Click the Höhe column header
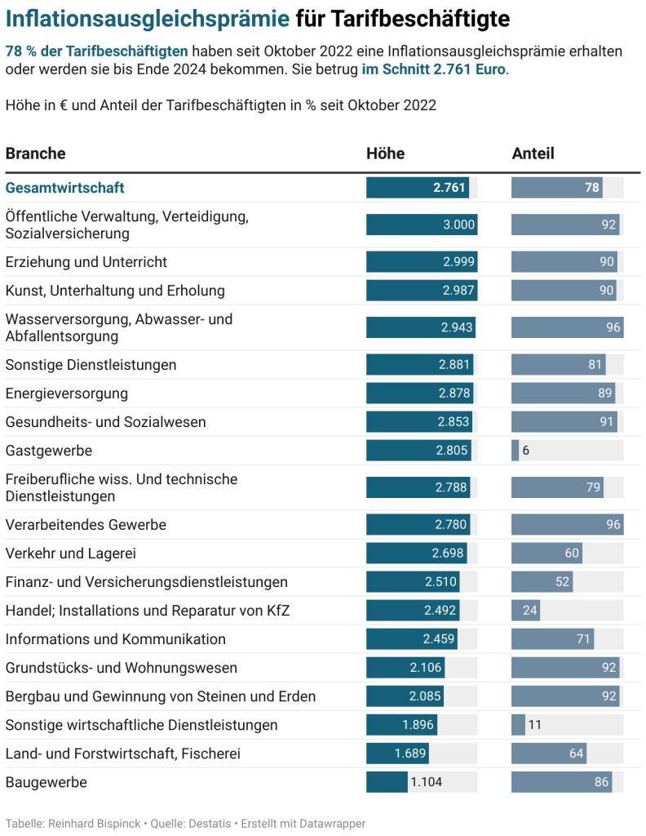385,153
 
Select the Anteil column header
533,153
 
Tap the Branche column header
35,153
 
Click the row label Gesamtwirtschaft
64,188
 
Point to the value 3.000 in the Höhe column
458,225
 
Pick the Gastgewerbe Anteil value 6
525,451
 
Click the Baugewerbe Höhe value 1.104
427,782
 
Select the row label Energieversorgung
66,394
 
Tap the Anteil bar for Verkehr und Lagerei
546,554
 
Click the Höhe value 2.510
440,582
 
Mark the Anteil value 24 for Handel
529,611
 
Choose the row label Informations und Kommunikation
115,639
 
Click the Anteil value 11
534,725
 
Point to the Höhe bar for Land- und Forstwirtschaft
397,754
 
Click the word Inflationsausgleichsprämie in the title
148,19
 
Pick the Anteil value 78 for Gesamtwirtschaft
592,188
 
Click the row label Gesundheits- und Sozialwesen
105,422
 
